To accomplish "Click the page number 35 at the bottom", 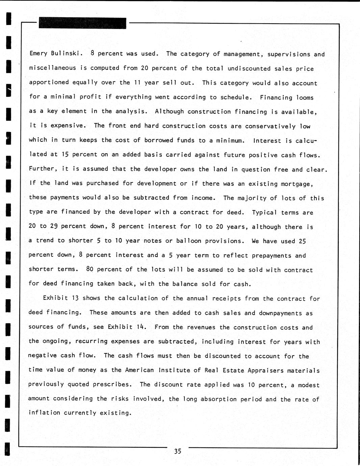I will [x=178, y=451].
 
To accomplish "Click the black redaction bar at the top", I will [x=83, y=23].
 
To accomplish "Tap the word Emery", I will [x=38, y=53].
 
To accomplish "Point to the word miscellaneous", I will [x=52, y=68].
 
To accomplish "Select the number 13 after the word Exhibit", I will [x=75, y=298].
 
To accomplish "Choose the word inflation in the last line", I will [x=44, y=413].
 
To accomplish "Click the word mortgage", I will [x=297, y=184].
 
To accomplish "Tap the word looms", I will [x=305, y=98].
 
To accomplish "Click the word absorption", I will [x=218, y=399].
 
